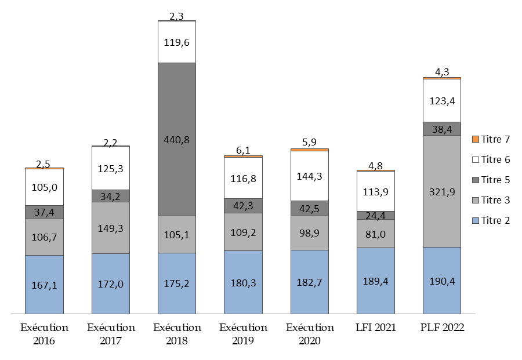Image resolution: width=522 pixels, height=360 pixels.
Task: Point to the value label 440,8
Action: [177, 140]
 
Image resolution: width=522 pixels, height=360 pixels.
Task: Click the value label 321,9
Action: [442, 191]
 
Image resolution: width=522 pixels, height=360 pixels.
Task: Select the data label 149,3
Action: [110, 228]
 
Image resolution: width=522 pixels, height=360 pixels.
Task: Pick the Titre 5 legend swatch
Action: [476, 180]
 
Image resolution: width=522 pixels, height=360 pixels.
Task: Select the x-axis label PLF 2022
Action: [442, 328]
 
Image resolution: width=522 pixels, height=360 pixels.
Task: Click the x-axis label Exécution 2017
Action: [110, 334]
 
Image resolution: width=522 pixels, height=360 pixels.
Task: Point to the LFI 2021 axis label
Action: [376, 328]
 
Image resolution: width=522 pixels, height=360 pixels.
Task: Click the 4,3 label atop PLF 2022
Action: [442, 72]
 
